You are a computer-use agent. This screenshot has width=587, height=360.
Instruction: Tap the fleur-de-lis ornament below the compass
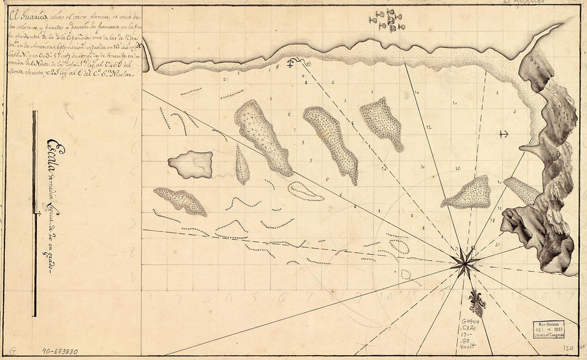coord(477,303)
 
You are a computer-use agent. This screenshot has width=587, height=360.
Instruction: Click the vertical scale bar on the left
coord(35,213)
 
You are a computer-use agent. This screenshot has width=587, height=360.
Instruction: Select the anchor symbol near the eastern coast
coord(502,133)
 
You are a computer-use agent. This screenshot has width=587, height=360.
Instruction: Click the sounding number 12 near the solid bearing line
coord(429,127)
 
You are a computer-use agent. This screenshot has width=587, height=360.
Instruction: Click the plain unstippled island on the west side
coord(191,164)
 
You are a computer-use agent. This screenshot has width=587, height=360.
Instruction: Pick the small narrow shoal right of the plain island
coord(242,165)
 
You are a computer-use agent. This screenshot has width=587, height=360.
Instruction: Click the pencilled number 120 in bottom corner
coord(568,348)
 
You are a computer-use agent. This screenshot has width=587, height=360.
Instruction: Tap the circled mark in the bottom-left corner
coord(12,352)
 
